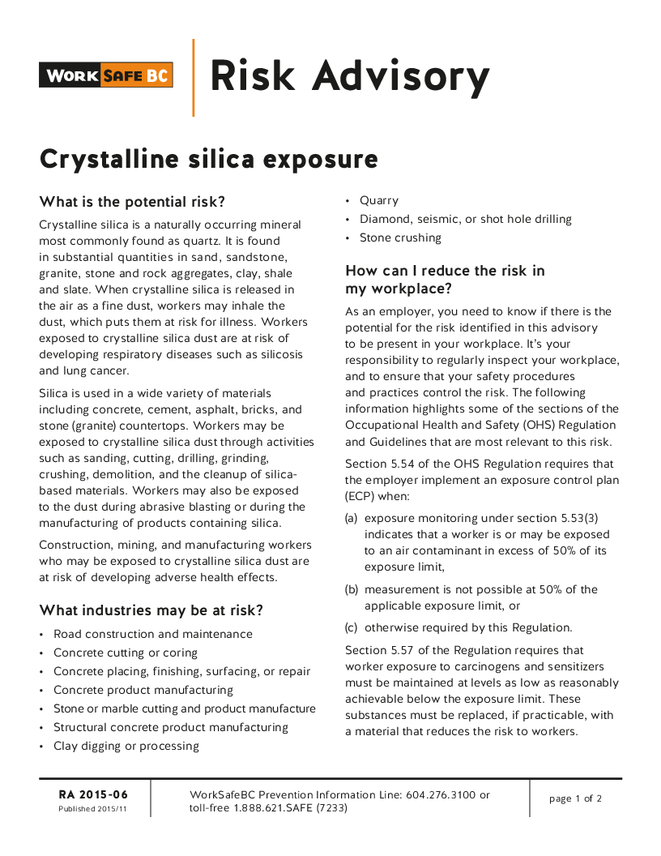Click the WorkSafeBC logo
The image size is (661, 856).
tap(106, 75)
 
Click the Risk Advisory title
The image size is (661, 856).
tap(349, 76)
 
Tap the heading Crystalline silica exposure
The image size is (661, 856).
tap(208, 159)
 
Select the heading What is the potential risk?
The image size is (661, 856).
tap(132, 202)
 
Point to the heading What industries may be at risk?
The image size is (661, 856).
tap(151, 610)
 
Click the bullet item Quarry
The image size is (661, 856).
tap(379, 200)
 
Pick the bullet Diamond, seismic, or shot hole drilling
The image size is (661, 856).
tap(465, 219)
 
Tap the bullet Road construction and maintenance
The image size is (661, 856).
tap(152, 634)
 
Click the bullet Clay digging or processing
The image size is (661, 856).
tap(126, 746)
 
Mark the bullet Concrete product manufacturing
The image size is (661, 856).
tap(143, 690)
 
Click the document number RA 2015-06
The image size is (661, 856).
tap(93, 794)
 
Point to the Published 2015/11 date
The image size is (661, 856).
tap(92, 809)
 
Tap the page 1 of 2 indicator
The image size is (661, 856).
tap(575, 798)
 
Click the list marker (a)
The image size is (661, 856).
tap(352, 518)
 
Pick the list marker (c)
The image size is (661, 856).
tap(352, 627)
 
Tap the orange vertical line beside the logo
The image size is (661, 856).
tap(193, 77)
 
